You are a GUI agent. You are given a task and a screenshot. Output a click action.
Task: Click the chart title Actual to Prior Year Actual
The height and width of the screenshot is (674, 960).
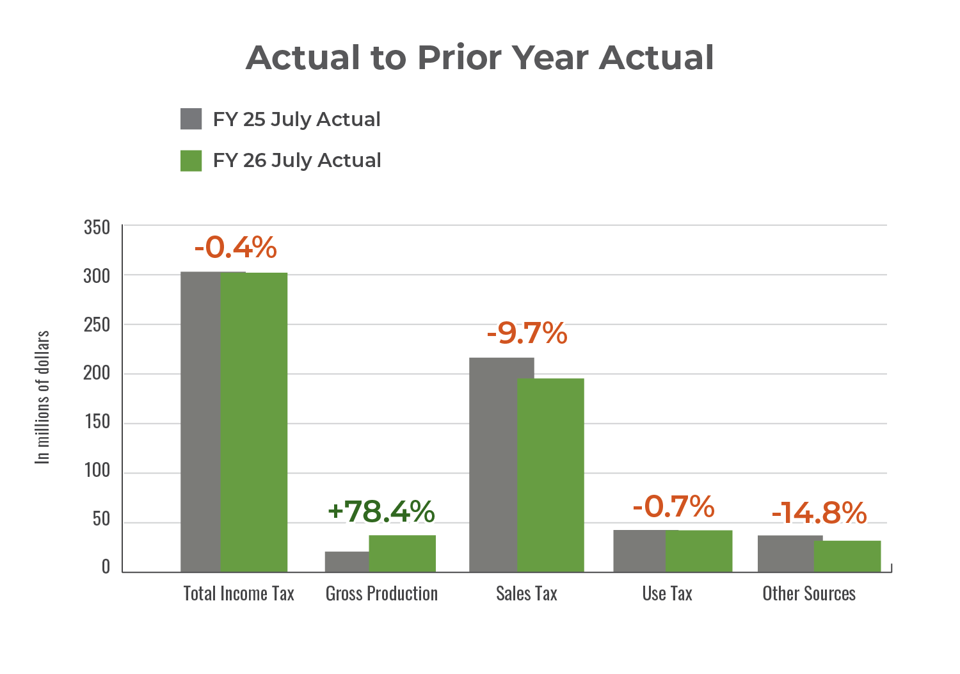pyautogui.click(x=479, y=58)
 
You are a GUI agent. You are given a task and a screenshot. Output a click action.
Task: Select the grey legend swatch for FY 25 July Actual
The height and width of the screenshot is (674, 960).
pyautogui.click(x=191, y=119)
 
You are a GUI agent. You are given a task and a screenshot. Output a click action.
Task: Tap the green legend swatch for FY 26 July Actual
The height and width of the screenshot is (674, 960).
pyautogui.click(x=191, y=161)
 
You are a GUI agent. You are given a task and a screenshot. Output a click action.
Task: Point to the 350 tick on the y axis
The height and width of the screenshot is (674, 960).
pyautogui.click(x=97, y=227)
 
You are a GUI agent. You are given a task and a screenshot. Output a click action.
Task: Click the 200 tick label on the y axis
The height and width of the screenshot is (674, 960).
pyautogui.click(x=97, y=373)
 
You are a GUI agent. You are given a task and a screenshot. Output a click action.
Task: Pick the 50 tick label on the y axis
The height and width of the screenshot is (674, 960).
pyautogui.click(x=101, y=519)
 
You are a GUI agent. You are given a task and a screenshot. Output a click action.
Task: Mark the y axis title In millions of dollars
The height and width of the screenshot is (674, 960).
pyautogui.click(x=42, y=397)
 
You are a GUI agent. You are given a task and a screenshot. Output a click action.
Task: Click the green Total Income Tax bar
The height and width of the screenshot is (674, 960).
pyautogui.click(x=254, y=422)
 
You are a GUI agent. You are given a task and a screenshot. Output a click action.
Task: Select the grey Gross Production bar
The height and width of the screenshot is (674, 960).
pyautogui.click(x=346, y=561)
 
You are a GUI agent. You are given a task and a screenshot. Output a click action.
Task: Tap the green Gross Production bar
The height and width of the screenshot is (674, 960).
pyautogui.click(x=402, y=554)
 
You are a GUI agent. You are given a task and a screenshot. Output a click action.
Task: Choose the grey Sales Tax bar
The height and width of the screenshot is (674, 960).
pyautogui.click(x=493, y=464)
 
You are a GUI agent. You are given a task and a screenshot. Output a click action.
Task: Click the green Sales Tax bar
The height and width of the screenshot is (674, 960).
pyautogui.click(x=550, y=475)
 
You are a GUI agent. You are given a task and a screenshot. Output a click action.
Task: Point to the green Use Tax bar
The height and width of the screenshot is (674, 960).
pyautogui.click(x=699, y=551)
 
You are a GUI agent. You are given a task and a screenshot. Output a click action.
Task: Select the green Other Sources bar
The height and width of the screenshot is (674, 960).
pyautogui.click(x=847, y=556)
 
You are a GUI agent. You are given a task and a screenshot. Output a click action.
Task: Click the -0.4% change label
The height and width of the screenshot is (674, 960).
pyautogui.click(x=236, y=248)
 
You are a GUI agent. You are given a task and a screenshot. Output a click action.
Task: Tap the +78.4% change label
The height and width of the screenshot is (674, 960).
pyautogui.click(x=381, y=511)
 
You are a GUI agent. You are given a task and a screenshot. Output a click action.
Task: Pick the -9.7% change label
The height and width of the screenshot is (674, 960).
pyautogui.click(x=527, y=333)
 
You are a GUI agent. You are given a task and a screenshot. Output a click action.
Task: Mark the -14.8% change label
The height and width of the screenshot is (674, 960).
pyautogui.click(x=819, y=513)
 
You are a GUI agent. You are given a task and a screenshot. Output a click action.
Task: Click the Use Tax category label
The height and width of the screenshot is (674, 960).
pyautogui.click(x=668, y=593)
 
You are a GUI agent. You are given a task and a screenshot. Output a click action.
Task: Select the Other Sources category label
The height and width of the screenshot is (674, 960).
pyautogui.click(x=809, y=593)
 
